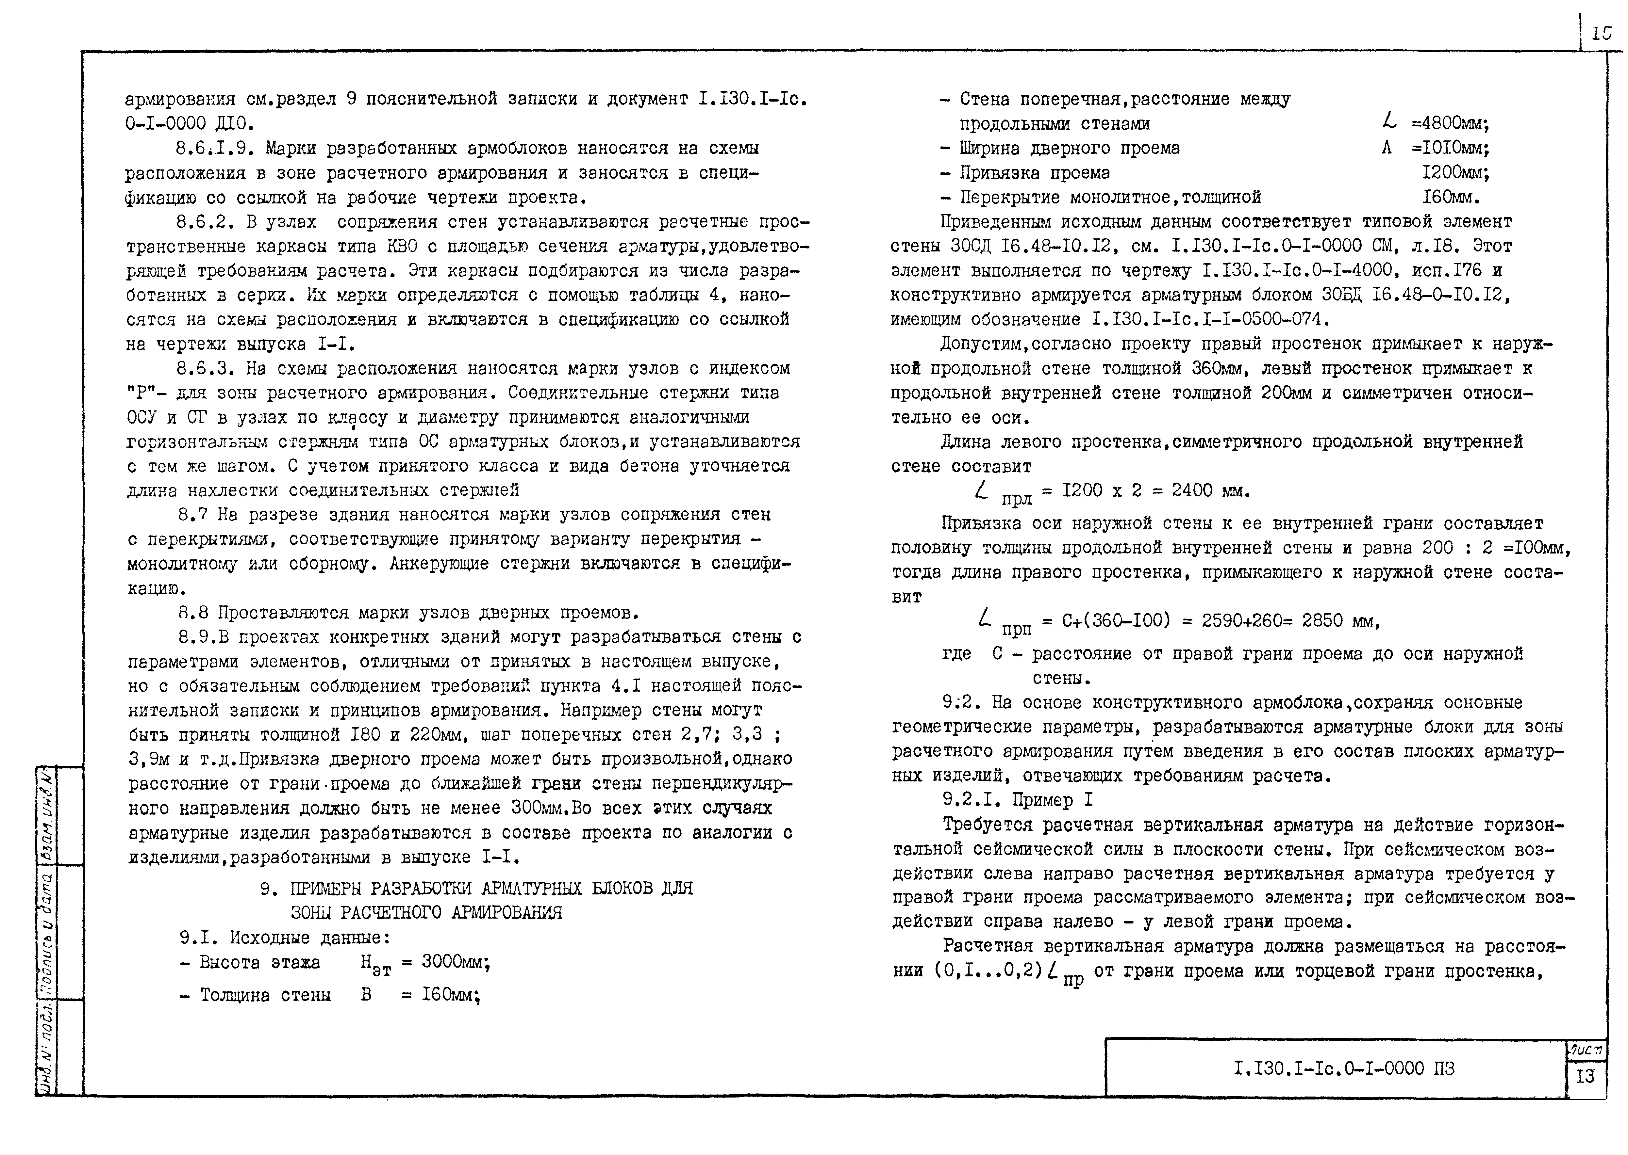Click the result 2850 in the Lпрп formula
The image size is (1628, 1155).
[1322, 621]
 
